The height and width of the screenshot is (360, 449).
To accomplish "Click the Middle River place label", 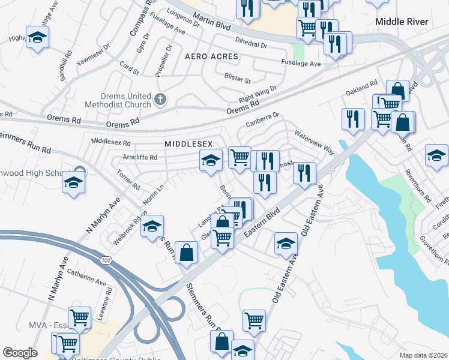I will pyautogui.click(x=402, y=22).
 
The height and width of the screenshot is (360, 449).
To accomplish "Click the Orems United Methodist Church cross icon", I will pyautogui.click(x=160, y=99).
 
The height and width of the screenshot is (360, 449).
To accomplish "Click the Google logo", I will pyautogui.click(x=20, y=353).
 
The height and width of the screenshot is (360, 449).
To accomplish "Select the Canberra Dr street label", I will pyautogui.click(x=262, y=120).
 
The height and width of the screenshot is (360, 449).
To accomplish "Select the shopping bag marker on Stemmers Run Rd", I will pyautogui.click(x=187, y=252).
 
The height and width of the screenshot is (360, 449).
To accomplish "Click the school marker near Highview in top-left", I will pyautogui.click(x=38, y=37).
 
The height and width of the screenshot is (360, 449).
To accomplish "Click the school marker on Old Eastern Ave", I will pyautogui.click(x=286, y=243).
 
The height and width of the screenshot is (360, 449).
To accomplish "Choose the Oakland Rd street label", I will pyautogui.click(x=361, y=88).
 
